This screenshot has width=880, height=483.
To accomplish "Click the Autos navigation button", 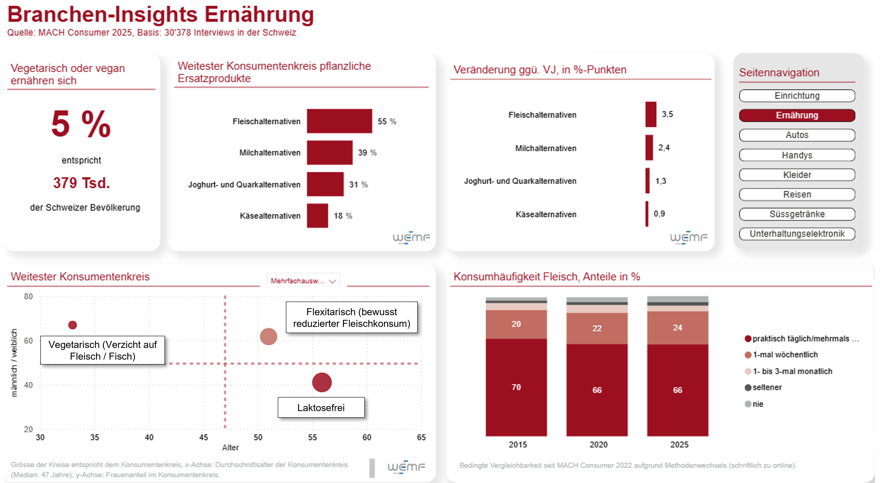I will [x=797, y=135].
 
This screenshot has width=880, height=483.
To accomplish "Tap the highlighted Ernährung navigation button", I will [x=797, y=115].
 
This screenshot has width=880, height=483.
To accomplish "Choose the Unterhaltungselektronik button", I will [x=797, y=234].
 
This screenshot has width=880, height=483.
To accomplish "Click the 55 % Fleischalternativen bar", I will [x=339, y=121].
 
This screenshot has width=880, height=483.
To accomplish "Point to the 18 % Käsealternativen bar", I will [x=317, y=216].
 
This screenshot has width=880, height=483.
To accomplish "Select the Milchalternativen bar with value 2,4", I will [x=649, y=148].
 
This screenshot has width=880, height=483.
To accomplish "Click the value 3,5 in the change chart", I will [x=667, y=114].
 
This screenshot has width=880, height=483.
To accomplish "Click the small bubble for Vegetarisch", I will [x=72, y=325].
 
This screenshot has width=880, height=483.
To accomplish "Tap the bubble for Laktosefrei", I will [x=322, y=382].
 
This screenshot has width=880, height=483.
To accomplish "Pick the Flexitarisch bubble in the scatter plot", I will [x=268, y=337].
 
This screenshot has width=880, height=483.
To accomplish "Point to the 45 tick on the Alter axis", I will [x=204, y=437].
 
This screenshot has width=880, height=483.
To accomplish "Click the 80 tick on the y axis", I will [x=28, y=296].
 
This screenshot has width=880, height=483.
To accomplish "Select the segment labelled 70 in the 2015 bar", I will [x=516, y=387].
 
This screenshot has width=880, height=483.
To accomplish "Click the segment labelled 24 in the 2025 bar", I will [x=677, y=328].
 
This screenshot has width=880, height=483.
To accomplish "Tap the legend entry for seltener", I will [x=766, y=387].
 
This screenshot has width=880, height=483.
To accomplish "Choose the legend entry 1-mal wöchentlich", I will [x=785, y=355].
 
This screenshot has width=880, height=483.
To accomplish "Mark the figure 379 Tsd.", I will [x=81, y=183].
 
